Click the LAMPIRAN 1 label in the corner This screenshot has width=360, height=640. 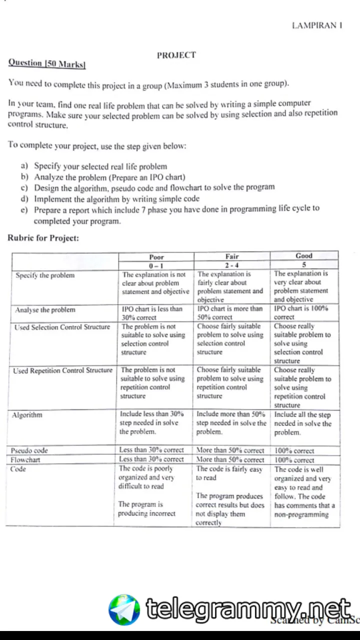(x=317, y=25)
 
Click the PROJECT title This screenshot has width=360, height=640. (x=176, y=55)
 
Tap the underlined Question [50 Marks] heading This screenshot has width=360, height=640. (x=47, y=63)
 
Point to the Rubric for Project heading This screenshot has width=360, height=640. (x=43, y=238)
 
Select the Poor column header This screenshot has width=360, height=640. (x=156, y=257)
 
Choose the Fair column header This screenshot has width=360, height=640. (x=231, y=256)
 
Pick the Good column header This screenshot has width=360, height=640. (x=303, y=255)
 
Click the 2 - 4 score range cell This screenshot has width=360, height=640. (x=231, y=265)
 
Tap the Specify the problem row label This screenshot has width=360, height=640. (x=45, y=275)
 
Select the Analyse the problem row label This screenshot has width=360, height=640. (x=45, y=310)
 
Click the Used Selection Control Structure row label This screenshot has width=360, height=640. (x=62, y=327)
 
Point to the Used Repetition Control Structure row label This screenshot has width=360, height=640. (x=63, y=370)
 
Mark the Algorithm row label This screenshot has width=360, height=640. (x=27, y=415)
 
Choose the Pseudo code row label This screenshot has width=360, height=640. (x=29, y=450)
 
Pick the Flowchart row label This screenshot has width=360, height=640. (x=25, y=459)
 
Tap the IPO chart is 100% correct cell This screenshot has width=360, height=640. (x=301, y=312)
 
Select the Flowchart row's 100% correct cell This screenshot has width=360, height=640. (x=294, y=460)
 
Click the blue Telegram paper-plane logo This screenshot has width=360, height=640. (x=124, y=609)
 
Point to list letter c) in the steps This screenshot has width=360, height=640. (x=24, y=188)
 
